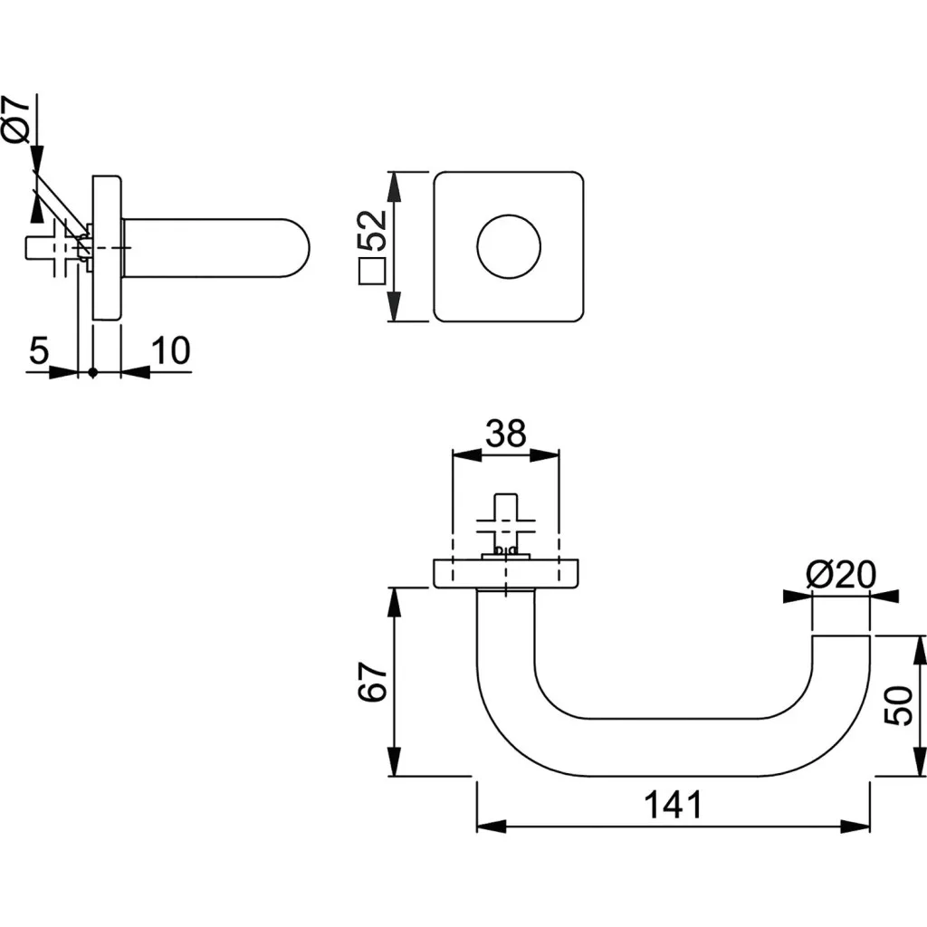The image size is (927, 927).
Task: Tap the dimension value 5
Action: tap(37, 350)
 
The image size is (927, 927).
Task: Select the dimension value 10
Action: tap(171, 350)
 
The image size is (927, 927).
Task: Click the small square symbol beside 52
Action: tap(372, 272)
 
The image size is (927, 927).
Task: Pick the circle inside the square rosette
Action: tap(509, 246)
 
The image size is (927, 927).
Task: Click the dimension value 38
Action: tap(505, 434)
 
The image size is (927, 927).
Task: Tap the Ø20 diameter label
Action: tap(840, 573)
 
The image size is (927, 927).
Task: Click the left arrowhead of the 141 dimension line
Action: tap(490, 826)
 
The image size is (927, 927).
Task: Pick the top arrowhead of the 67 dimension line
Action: tap(395, 599)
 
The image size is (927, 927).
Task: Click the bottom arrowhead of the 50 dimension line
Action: tap(921, 765)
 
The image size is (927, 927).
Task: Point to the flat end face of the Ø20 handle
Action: tap(840, 636)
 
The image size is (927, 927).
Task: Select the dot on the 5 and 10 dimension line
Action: tap(92, 372)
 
